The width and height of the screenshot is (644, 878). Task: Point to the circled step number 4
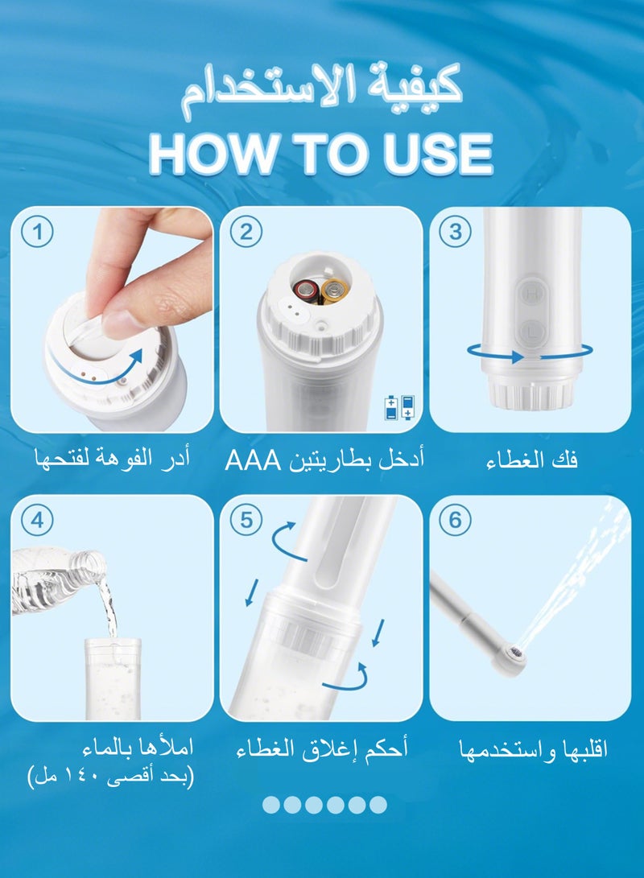tap(39, 521)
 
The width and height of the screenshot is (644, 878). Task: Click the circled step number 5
tap(246, 521)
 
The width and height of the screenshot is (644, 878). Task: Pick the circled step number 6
tap(455, 521)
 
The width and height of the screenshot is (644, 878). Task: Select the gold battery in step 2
tap(332, 290)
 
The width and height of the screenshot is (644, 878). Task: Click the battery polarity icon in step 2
tap(401, 407)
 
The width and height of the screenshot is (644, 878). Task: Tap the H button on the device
tap(532, 295)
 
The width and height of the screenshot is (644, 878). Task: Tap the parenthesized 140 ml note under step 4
tap(110, 777)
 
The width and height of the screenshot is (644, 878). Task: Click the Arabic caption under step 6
tap(531, 750)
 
